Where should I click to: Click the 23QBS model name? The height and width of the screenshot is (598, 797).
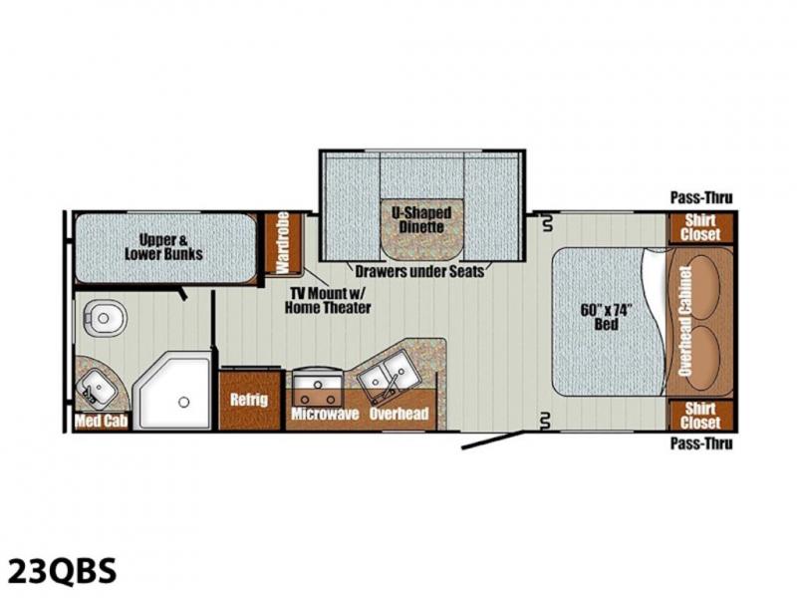63,571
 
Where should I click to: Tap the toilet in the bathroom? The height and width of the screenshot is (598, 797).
105,318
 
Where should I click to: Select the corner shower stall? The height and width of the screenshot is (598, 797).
171,390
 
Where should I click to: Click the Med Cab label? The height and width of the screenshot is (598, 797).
102,421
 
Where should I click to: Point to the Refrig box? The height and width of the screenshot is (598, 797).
250,401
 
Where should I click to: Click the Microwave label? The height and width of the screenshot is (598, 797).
325,414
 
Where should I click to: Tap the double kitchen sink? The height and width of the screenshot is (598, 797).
385,376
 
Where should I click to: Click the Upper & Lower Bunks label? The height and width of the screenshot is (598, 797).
163,246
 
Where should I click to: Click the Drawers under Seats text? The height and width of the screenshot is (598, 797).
419,271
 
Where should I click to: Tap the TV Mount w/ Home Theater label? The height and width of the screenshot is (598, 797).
328,300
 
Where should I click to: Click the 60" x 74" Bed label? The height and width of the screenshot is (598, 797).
607,317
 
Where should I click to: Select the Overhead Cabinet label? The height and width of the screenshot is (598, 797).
685,321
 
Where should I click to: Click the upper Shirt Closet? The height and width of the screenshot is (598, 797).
700,228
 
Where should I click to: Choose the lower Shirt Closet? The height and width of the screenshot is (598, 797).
701,416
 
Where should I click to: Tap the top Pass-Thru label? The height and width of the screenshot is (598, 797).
701,197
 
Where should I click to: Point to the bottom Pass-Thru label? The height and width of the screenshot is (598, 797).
701,444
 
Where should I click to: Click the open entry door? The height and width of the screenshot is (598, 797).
492,441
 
